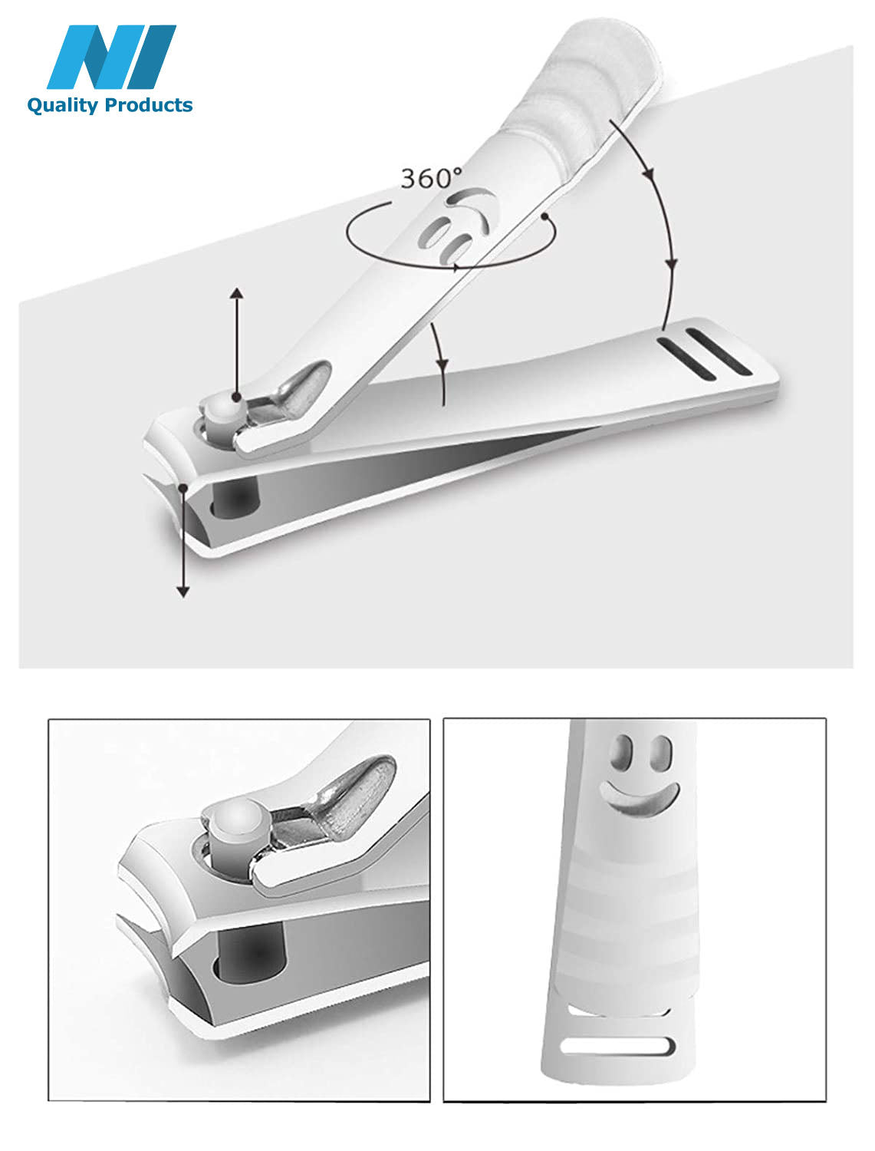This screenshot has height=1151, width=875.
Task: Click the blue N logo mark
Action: pyautogui.click(x=111, y=57)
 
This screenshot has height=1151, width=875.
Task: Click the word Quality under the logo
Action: pyautogui.click(x=62, y=105)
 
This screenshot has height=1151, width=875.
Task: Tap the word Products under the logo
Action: pyautogui.click(x=149, y=105)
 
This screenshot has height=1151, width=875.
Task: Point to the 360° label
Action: pyautogui.click(x=432, y=178)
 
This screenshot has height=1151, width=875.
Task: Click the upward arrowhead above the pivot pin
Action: pyautogui.click(x=237, y=293)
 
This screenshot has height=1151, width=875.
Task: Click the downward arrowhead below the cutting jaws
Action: pyautogui.click(x=183, y=592)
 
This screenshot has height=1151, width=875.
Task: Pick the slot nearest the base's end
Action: pyautogui.click(x=719, y=351)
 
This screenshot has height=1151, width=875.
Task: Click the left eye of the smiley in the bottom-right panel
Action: pyautogui.click(x=622, y=753)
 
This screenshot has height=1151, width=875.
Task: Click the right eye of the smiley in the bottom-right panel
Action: pyautogui.click(x=661, y=753)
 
